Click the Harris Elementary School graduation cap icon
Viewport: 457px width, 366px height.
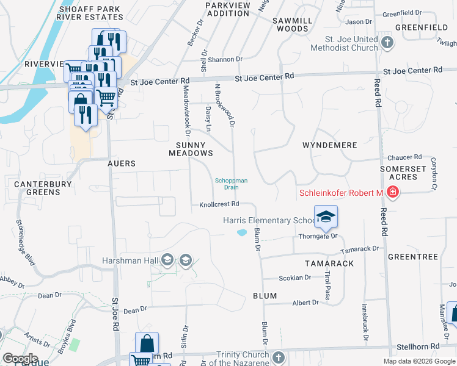326,217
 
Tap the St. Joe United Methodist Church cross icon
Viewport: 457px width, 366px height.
386,43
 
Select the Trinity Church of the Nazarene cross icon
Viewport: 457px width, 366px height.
279,357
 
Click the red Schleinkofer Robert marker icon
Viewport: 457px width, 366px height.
392,193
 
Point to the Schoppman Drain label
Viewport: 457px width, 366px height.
231,184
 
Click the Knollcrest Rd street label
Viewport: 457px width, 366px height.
219,205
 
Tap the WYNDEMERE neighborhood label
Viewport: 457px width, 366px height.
330,146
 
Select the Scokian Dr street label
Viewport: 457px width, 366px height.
294,278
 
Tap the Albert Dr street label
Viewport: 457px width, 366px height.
305,303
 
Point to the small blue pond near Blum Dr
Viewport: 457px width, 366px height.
242,232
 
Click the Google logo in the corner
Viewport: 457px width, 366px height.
20,359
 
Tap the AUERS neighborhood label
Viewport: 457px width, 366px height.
121,163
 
